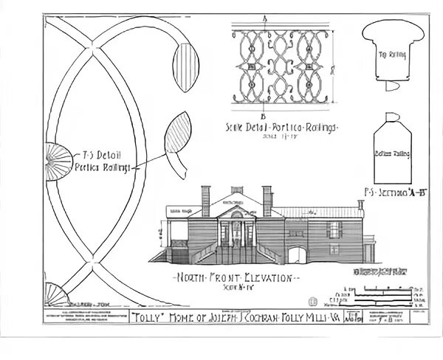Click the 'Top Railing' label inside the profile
pyautogui.click(x=391, y=55)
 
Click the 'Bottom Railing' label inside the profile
pyautogui.click(x=391, y=153)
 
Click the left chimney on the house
pyautogui.click(x=206, y=200)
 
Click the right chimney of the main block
pyautogui.click(x=267, y=200)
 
